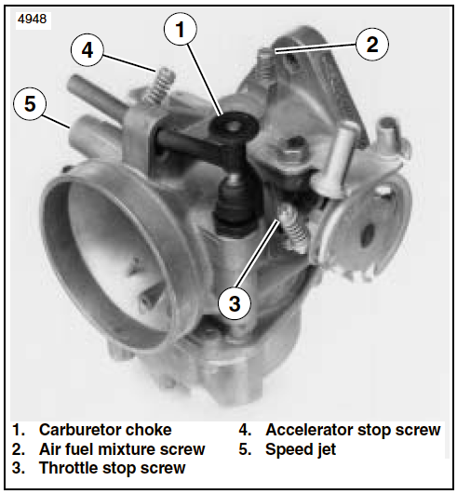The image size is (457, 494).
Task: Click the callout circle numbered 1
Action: [x=181, y=29]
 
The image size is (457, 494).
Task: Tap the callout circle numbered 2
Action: [x=372, y=44]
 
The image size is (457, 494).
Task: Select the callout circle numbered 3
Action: [x=235, y=303]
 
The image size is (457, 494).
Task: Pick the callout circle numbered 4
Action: [x=87, y=50]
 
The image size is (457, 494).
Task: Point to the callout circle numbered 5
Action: [x=30, y=103]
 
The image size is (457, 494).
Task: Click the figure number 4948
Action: [x=33, y=20]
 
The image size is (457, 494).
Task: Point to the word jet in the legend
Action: [x=327, y=450]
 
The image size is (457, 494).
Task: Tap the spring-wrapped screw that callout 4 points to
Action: [x=159, y=86]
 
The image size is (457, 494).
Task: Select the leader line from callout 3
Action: [x=258, y=254]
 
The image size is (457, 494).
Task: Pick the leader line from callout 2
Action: [x=316, y=47]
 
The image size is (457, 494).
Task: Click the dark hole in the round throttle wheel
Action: [x=367, y=235]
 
